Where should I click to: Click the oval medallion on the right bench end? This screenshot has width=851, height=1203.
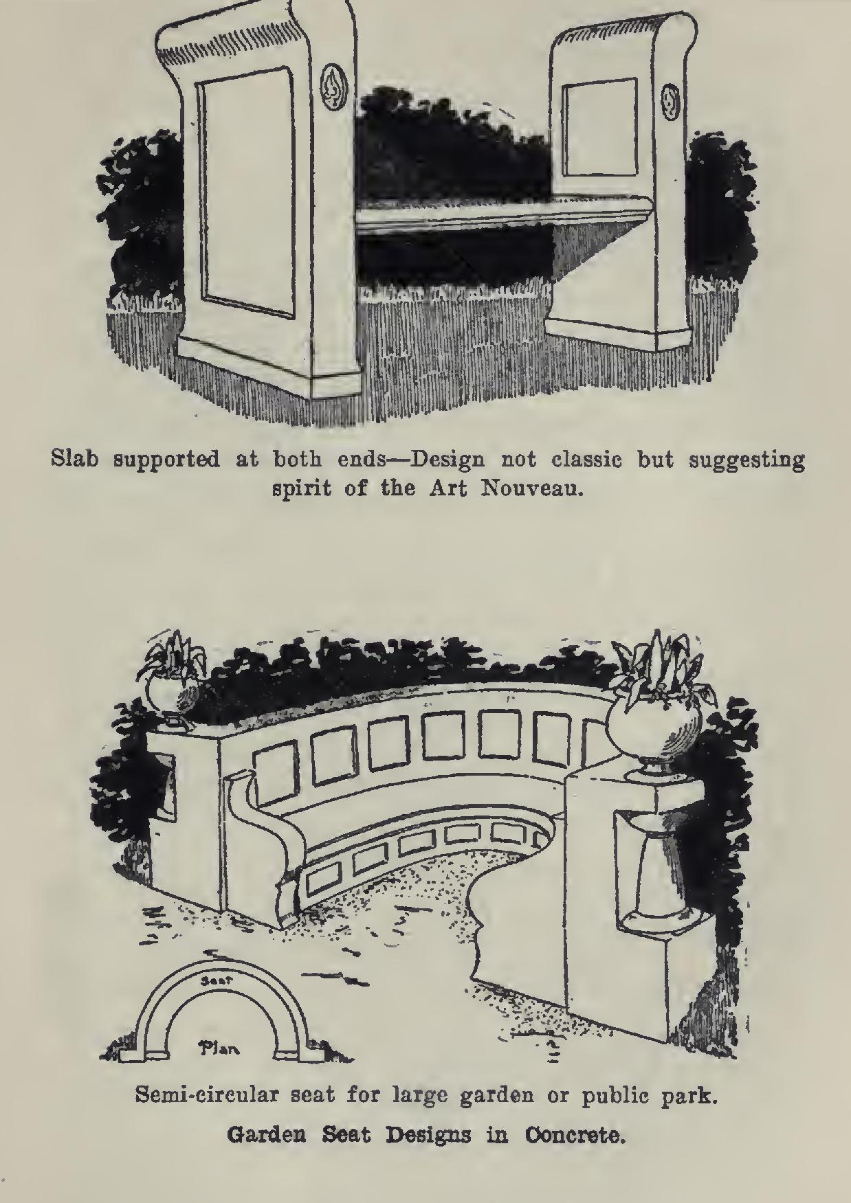(x=668, y=100)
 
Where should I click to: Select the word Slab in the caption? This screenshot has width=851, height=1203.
(x=76, y=458)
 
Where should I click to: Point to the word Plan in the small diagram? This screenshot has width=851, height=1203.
(x=219, y=1048)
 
